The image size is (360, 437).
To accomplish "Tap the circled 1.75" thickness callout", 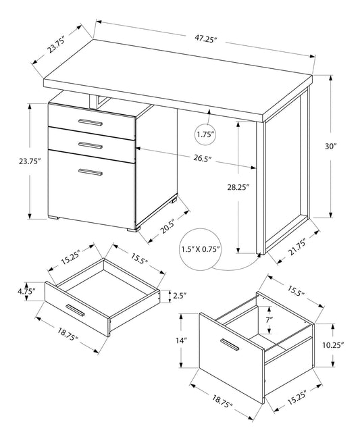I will pyautogui.click(x=205, y=134).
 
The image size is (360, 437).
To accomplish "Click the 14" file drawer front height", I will pyautogui.click(x=182, y=341).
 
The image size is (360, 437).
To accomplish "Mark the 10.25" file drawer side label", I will pyautogui.click(x=334, y=344).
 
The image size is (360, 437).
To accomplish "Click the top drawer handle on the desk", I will pyautogui.click(x=90, y=122).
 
